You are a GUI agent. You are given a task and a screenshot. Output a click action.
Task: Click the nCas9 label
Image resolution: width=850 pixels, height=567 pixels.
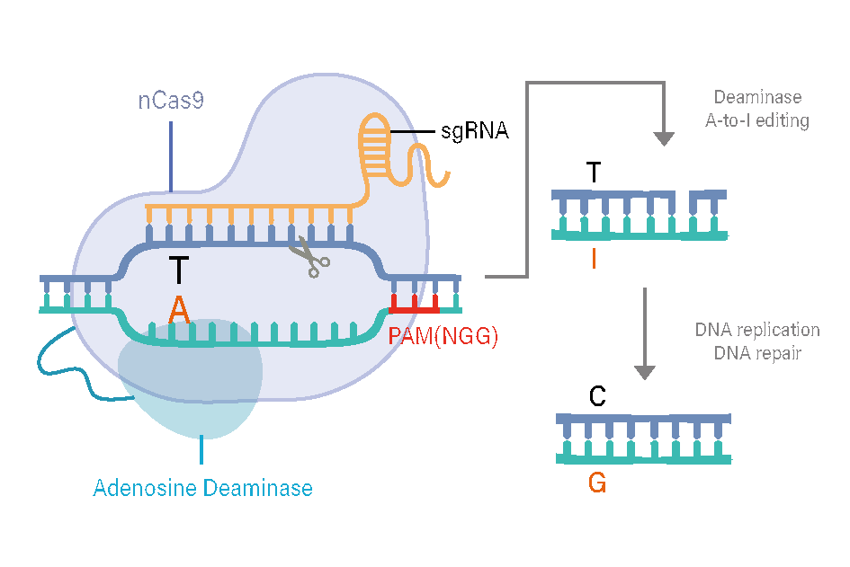[x=171, y=100]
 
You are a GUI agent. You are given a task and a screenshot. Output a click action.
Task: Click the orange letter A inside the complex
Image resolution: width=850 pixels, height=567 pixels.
[x=180, y=310]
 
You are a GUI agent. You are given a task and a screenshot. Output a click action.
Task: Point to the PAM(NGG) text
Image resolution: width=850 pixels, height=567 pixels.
[x=443, y=338]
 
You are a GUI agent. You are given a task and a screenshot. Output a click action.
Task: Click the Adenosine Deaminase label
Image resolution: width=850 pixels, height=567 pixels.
[x=203, y=489]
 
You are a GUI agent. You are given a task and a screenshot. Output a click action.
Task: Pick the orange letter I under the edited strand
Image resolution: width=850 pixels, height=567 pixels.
[x=594, y=260]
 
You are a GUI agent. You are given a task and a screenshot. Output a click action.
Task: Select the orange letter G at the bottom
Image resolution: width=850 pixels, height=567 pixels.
[x=597, y=483]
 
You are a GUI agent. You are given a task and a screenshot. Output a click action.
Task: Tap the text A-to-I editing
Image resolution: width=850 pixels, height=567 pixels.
[x=757, y=120]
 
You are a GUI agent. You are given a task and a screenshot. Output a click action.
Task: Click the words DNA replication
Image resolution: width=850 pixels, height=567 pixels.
[x=757, y=330]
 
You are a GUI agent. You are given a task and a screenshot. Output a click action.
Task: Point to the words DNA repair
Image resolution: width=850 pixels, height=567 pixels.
[x=757, y=353]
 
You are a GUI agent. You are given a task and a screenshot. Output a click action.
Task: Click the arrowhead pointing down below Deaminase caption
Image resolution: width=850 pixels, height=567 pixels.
[x=664, y=138]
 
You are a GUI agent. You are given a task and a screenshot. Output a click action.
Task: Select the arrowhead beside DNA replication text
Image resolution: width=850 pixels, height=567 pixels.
[x=644, y=370]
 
